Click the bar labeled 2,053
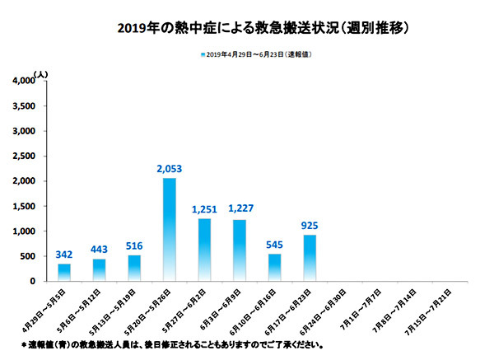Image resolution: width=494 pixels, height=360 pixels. coord(169,230)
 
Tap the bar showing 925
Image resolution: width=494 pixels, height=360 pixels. coord(310,258)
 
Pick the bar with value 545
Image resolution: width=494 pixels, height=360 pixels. coord(274,268)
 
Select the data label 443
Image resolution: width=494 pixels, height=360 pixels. coord(99,250)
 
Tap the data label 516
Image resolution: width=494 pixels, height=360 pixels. coord(134,246)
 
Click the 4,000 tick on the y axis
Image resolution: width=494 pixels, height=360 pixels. coord(24,81)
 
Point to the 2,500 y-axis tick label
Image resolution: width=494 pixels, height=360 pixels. coord(24,156)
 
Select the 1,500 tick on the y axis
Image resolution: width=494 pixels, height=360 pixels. coord(24,206)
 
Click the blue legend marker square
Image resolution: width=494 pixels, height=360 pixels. coord(203,54)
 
